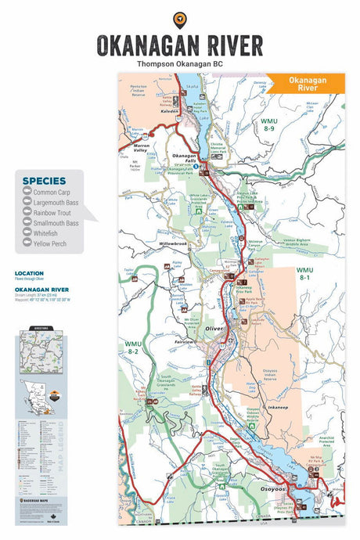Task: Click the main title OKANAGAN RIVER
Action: click(x=179, y=44)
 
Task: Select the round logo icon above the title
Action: click(x=180, y=19)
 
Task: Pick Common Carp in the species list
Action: click(x=51, y=193)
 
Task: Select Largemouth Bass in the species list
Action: click(x=56, y=203)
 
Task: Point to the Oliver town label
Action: click(x=214, y=329)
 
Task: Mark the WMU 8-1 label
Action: click(x=304, y=273)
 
